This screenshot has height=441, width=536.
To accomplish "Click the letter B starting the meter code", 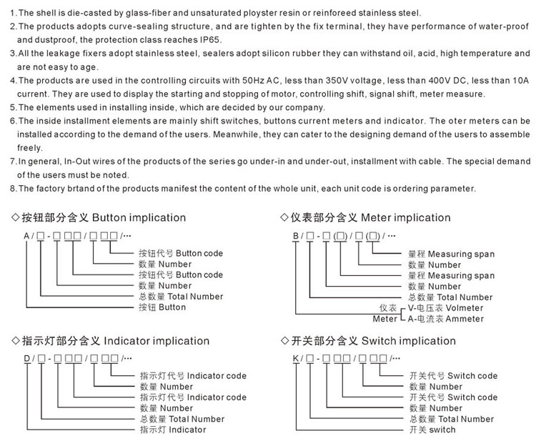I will [295, 235].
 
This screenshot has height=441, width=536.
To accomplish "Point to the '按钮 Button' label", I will [162, 307].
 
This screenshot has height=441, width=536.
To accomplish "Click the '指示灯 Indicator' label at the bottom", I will [172, 430].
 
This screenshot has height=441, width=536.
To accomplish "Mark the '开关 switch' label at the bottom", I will [432, 430].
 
